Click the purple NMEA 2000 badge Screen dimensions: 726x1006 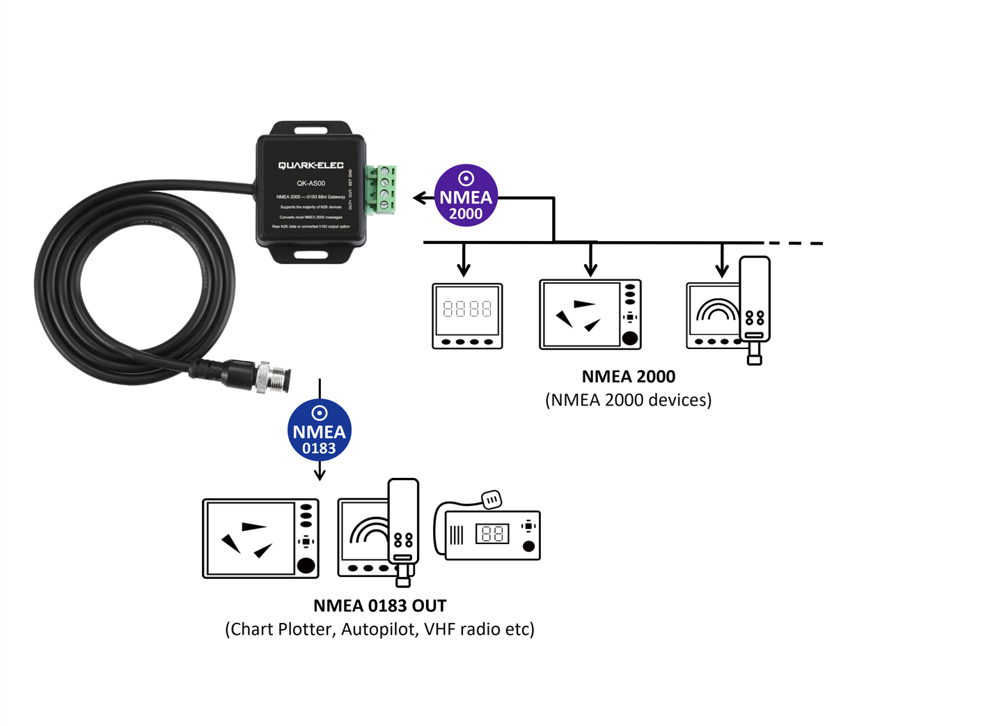466,196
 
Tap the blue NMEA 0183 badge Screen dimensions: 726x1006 319,431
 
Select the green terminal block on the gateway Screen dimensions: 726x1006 382,190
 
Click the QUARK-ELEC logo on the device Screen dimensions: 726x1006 311,165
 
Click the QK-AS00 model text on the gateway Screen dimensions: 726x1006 311,183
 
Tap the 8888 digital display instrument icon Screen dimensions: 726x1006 467,316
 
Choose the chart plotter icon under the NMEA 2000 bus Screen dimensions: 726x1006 590,314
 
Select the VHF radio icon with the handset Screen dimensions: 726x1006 488,529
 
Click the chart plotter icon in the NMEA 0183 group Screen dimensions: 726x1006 260,538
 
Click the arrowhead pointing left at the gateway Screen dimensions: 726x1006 418,198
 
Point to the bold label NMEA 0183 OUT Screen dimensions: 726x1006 379,605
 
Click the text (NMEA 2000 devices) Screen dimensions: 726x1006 628,400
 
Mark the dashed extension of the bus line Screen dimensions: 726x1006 795,243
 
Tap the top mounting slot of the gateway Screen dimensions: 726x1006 311,130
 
